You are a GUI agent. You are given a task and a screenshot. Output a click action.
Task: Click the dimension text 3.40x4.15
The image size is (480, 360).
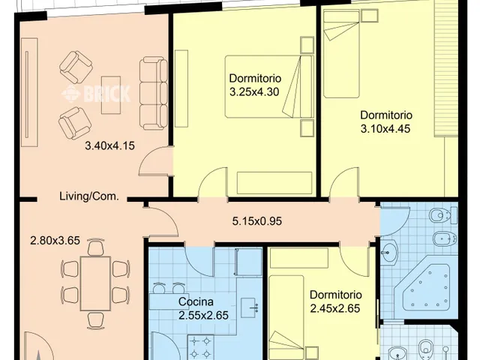(x=109, y=145)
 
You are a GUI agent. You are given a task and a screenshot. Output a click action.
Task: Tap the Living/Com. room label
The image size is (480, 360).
(x=89, y=196)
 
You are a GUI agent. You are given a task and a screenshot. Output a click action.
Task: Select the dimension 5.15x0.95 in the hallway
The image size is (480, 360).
(x=256, y=221)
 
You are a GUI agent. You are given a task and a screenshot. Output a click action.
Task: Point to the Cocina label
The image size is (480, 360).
(x=196, y=301)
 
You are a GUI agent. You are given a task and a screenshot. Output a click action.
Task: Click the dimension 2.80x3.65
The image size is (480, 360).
(x=55, y=241)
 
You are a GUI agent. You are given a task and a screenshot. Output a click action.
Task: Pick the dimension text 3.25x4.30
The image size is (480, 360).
(x=254, y=91)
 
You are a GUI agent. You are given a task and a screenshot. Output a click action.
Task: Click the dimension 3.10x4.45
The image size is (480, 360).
(x=385, y=128)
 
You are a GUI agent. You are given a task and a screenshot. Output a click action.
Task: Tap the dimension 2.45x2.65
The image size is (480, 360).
(x=335, y=308)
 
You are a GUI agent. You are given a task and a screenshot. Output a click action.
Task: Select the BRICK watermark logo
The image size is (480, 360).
(x=97, y=94)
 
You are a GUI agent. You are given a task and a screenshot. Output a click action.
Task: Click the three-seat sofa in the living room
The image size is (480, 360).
(x=154, y=93)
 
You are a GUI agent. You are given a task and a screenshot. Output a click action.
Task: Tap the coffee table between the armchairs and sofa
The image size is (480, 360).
(x=111, y=94)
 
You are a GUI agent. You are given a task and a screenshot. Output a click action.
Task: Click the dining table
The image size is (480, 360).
(x=95, y=283)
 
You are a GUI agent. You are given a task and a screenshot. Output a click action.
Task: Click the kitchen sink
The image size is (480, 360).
(x=250, y=307)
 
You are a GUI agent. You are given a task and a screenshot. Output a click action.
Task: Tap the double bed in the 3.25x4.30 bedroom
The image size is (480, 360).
(x=269, y=87)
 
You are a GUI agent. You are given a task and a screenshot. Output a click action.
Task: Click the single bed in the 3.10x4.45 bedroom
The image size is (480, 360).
(x=341, y=53)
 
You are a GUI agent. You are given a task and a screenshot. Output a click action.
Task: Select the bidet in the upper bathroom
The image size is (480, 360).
(x=445, y=238)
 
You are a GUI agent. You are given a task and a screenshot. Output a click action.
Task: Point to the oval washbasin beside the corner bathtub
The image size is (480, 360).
(x=389, y=253)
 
